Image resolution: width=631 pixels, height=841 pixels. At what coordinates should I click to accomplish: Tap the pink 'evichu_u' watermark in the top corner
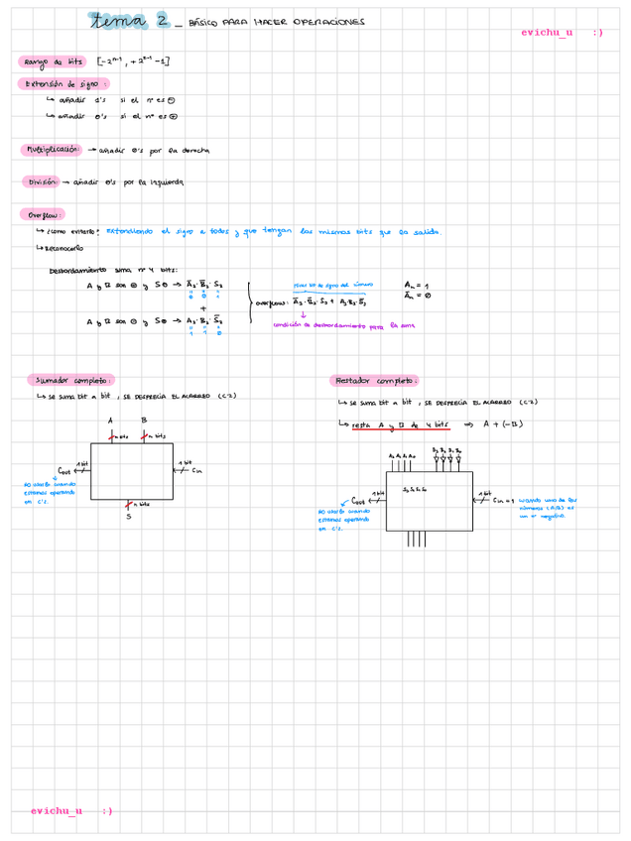click(547, 33)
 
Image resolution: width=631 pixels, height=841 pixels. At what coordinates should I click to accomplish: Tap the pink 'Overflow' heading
click(43, 214)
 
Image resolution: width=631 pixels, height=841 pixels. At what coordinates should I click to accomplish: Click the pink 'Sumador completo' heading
click(71, 380)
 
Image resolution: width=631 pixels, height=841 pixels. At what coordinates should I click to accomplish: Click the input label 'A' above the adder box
click(110, 420)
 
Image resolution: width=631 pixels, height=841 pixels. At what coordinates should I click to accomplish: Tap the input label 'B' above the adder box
click(145, 420)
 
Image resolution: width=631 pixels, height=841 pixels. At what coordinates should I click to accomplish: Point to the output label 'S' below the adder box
click(128, 516)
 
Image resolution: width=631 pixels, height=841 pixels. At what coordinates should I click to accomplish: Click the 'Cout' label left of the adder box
click(64, 470)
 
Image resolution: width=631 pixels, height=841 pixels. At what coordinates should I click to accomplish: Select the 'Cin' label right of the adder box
click(196, 470)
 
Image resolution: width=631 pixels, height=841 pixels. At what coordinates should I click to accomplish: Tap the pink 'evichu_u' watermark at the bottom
click(57, 810)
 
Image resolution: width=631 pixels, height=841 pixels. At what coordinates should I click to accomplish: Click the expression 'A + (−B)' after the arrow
click(503, 424)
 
